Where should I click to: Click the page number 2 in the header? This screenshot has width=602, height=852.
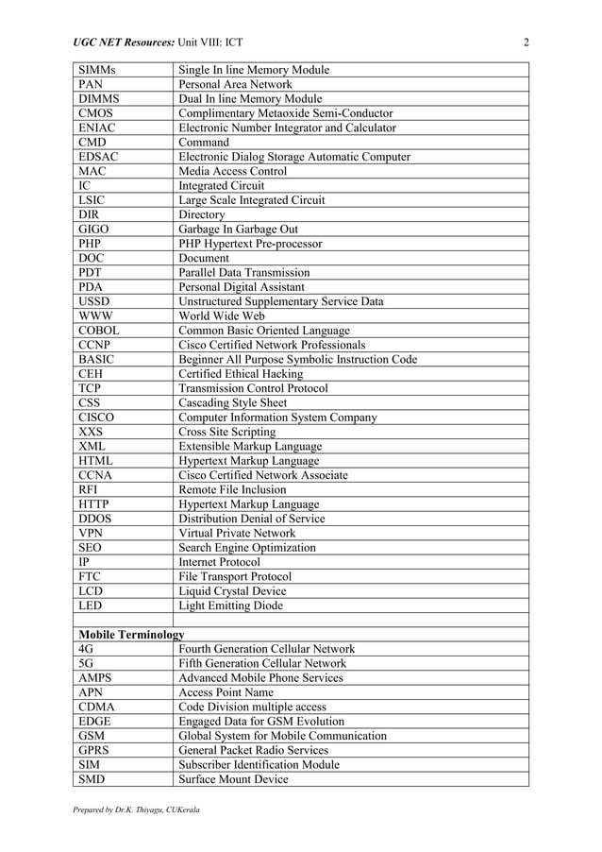[x=526, y=43]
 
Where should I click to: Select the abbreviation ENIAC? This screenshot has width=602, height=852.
[x=98, y=128]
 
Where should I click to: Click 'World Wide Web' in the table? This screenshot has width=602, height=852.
[x=222, y=316]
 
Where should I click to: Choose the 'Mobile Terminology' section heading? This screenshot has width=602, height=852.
[x=131, y=635]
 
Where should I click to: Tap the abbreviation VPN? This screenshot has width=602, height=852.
[x=92, y=534]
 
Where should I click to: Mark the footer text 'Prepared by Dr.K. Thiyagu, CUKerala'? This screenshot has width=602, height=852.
[x=136, y=810]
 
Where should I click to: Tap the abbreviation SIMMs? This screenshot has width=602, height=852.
[x=99, y=70]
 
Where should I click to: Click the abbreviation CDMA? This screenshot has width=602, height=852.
[x=97, y=707]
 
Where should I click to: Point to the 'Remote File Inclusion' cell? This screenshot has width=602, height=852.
[x=234, y=490]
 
